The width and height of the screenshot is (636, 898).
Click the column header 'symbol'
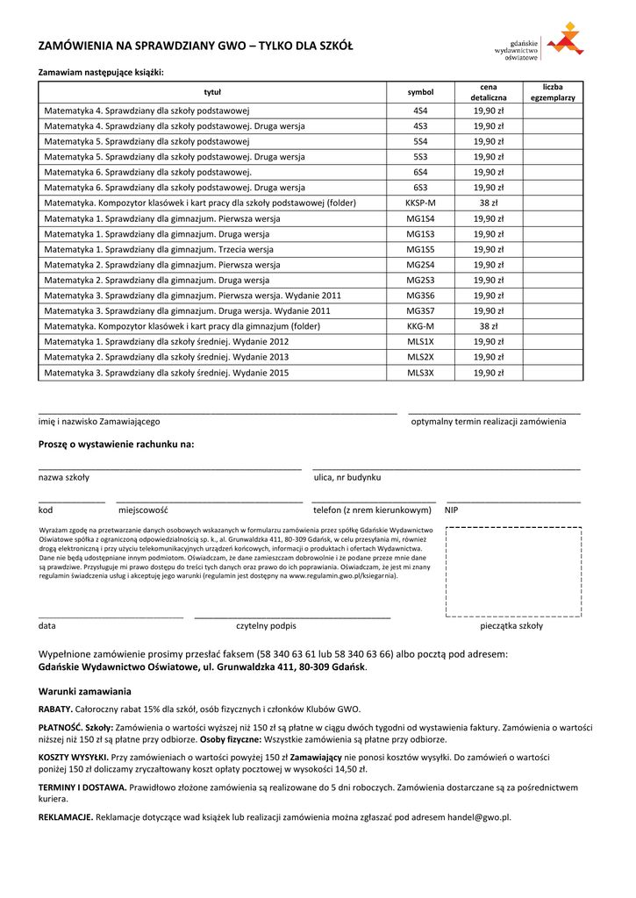[x=420, y=92]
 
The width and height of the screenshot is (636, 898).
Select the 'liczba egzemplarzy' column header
[x=553, y=92]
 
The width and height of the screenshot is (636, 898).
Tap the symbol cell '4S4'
[x=420, y=111]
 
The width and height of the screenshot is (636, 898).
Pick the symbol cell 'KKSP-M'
[x=420, y=203]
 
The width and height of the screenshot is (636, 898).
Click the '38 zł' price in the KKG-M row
[x=489, y=326]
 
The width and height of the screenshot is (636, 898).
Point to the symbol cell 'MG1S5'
[x=420, y=249]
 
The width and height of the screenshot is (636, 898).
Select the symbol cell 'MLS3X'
[x=420, y=373]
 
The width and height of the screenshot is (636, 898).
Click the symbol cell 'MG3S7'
[x=420, y=310]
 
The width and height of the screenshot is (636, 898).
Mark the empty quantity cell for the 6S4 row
[x=553, y=172]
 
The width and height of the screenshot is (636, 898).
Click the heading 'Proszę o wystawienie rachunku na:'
[x=116, y=445]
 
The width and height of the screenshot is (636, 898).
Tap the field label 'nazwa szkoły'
[x=63, y=478]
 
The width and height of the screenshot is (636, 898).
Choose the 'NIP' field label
[x=452, y=510]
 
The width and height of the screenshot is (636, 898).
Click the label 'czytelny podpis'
[x=266, y=626]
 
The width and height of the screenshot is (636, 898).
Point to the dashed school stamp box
[x=513, y=572]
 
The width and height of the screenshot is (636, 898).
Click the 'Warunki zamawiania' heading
[x=84, y=691]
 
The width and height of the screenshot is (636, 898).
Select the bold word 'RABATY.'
[x=55, y=709]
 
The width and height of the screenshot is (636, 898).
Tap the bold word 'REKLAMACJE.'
[x=66, y=817]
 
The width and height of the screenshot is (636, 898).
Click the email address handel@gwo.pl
[x=478, y=817]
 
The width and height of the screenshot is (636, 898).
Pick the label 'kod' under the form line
[x=46, y=510]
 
